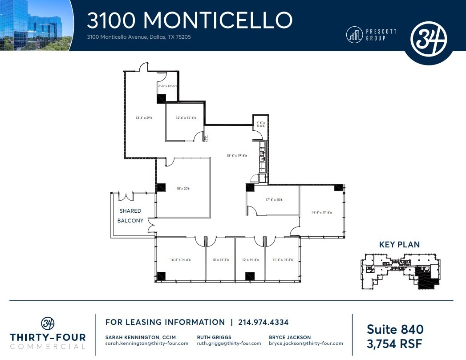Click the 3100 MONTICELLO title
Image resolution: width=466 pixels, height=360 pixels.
tap(190, 20)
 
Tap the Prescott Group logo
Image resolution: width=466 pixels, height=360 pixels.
tap(371, 35)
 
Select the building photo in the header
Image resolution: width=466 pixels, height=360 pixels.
tap(36, 25)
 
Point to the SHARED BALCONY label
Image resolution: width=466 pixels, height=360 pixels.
tap(130, 216)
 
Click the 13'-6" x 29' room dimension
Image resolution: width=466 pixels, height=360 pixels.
tap(144, 118)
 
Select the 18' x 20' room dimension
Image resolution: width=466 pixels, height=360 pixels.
tap(183, 189)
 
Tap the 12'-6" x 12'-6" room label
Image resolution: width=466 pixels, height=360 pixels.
tap(186, 118)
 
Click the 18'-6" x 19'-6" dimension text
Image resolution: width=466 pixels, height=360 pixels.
tap(237, 156)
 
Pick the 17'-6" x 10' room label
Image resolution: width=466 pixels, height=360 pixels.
tap(274, 200)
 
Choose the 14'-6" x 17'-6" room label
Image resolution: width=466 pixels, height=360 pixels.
tap(321, 213)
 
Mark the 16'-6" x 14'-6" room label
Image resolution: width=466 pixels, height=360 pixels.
tap(180, 260)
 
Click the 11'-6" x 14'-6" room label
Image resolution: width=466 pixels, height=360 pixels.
tap(282, 260)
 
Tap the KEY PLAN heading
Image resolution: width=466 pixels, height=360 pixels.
tap(399, 244)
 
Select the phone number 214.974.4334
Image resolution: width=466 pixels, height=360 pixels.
tap(263, 322)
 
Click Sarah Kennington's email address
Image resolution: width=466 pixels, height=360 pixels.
tap(146, 343)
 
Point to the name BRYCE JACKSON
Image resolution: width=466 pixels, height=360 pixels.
tap(290, 337)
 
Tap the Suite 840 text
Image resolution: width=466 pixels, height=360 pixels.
tap(395, 329)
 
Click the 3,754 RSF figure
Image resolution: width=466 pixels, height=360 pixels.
tap(395, 344)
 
